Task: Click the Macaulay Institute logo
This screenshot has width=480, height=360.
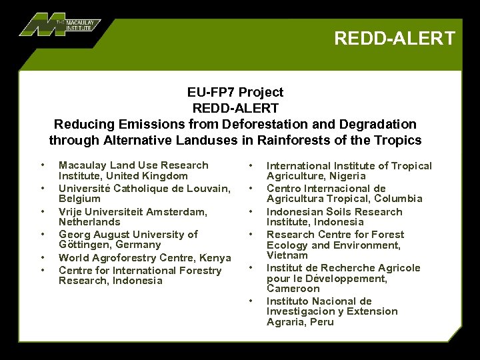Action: [60, 25]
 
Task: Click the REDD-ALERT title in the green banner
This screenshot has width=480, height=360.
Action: [395, 38]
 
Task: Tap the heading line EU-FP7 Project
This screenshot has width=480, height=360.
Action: [235, 92]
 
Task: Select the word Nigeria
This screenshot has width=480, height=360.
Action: [345, 176]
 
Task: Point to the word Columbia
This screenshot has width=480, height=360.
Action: [399, 199]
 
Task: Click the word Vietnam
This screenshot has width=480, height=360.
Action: [287, 255]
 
